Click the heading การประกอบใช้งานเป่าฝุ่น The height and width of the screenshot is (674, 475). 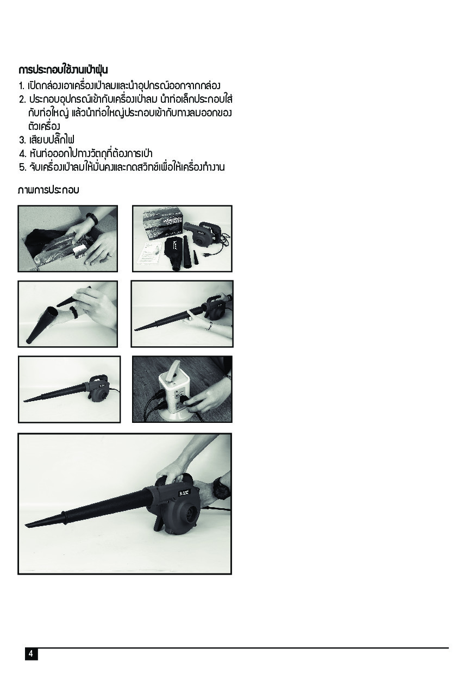(x=63, y=70)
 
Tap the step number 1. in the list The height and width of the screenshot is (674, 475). (x=22, y=86)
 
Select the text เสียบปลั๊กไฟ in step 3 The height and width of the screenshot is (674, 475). (x=52, y=140)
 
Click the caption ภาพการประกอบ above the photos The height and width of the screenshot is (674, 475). (x=48, y=190)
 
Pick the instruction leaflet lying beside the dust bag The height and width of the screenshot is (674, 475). (x=150, y=253)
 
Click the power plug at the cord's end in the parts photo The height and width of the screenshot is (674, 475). (x=205, y=254)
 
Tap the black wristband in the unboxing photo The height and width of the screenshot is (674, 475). (x=92, y=219)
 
